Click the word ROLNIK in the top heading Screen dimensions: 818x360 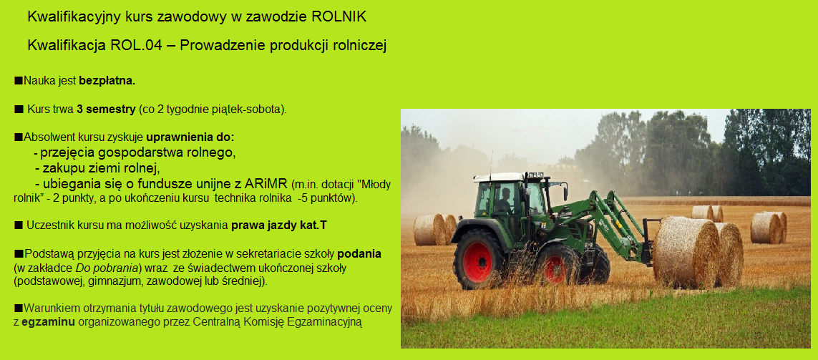[x=339, y=17]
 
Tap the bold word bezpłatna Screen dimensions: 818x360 [x=107, y=81]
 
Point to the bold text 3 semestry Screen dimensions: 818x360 [x=106, y=110]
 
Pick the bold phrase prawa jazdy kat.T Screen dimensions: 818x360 [x=279, y=225]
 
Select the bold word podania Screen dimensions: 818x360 [x=359, y=254]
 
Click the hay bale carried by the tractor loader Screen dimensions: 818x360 [x=686, y=253]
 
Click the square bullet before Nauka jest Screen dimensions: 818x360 [x=19, y=80]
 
